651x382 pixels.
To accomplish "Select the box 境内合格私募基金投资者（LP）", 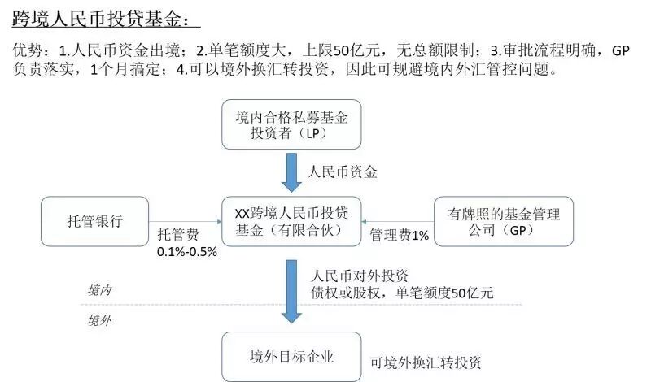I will (291, 125).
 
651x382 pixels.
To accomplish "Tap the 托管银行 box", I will (95, 222).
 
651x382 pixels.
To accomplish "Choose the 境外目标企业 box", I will (291, 356).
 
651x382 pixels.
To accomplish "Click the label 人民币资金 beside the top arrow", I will (343, 172).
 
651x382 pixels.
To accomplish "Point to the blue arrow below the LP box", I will (291, 172).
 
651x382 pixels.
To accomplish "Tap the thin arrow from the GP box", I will (397, 221).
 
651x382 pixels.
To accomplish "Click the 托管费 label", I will (177, 235).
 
